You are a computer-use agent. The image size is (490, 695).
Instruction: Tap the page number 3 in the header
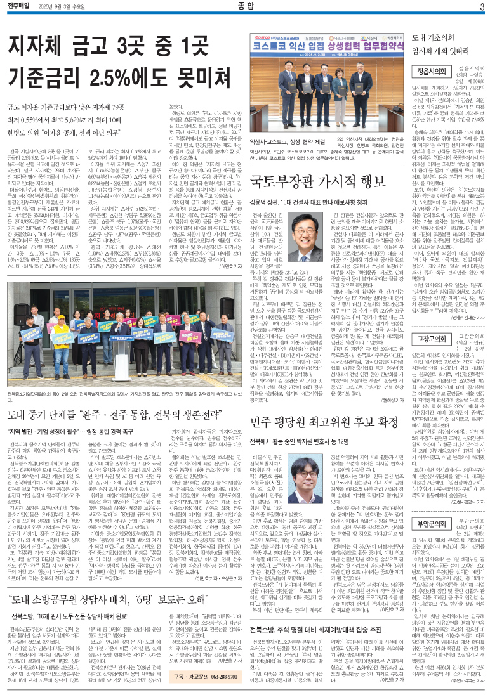pos(482,7)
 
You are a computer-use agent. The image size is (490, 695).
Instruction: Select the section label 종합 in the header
pos(244,7)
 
